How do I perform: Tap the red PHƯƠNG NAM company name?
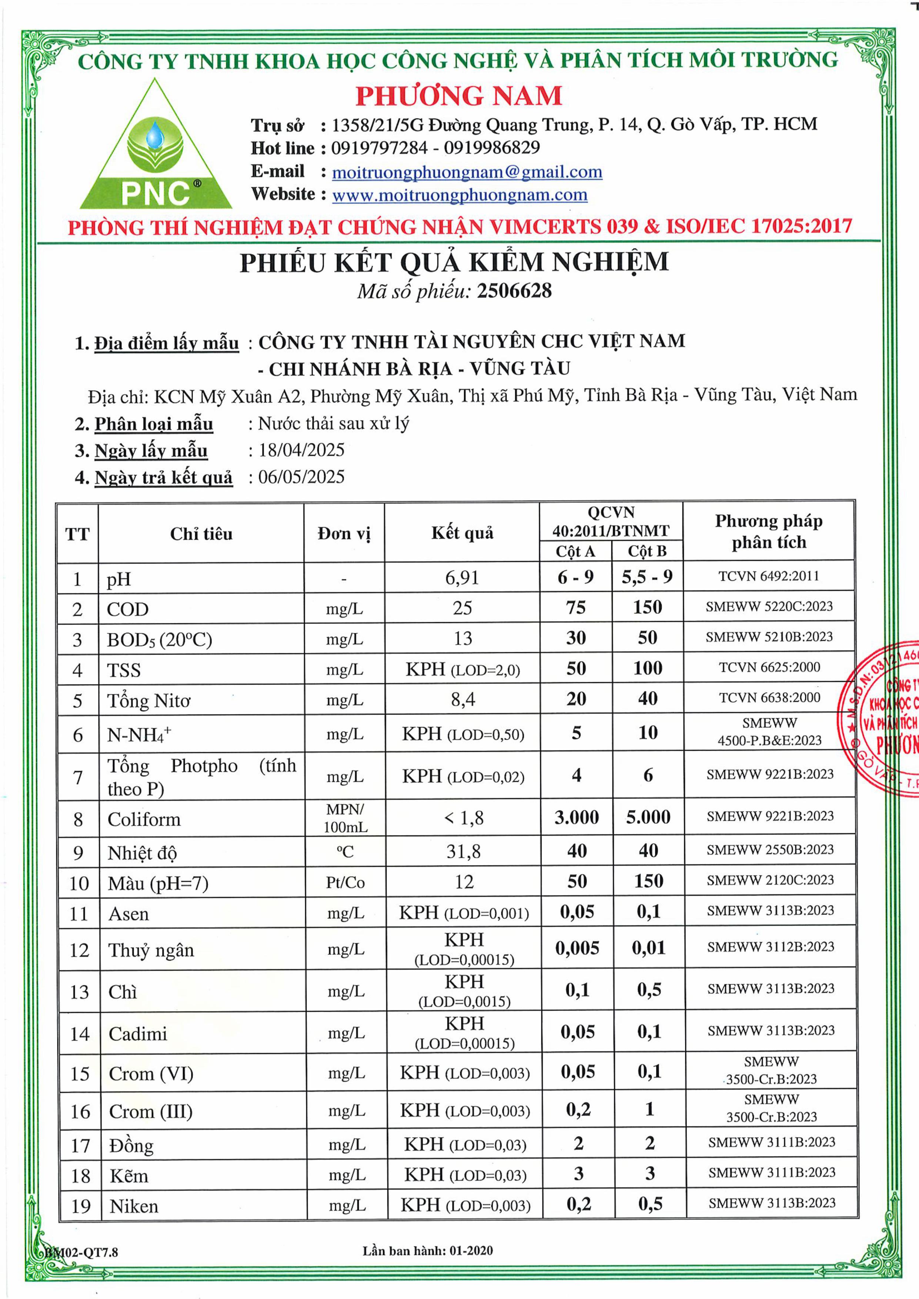click(458, 96)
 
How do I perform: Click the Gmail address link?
click(467, 172)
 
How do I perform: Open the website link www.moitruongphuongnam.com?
click(459, 195)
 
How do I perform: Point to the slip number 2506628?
click(514, 291)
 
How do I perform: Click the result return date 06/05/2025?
click(301, 476)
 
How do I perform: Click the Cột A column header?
click(575, 551)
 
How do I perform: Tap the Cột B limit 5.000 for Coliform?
click(648, 817)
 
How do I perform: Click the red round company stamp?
click(883, 719)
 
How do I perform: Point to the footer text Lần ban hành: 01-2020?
click(427, 1251)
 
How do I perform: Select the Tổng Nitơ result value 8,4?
click(462, 700)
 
